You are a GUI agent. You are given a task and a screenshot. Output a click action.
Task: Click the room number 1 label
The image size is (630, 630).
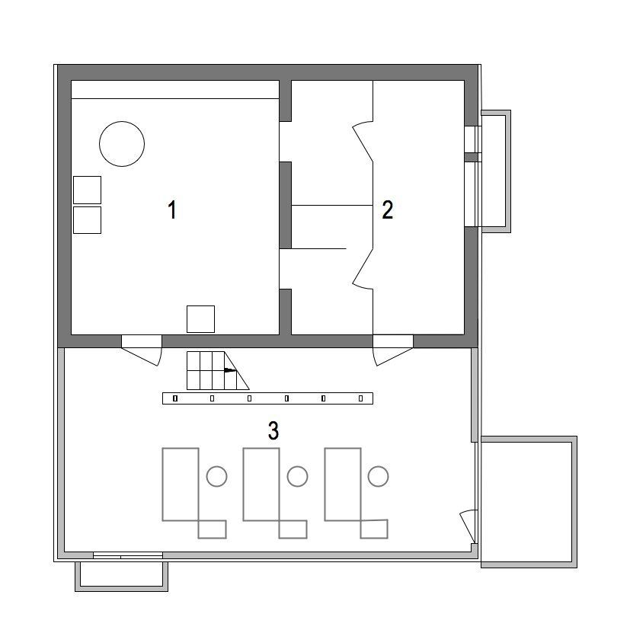(x=172, y=209)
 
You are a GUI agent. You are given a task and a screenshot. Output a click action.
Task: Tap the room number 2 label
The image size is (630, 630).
(x=387, y=209)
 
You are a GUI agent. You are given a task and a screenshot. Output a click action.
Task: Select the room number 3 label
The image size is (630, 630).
(x=273, y=430)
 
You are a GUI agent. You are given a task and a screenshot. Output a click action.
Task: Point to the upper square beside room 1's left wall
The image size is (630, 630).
(x=87, y=190)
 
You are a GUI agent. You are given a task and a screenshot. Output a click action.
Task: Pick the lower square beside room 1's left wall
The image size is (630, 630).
(x=87, y=220)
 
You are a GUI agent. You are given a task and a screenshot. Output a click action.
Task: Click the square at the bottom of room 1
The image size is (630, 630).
(x=200, y=319)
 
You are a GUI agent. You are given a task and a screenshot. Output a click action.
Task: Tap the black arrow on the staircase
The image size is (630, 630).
(x=230, y=370)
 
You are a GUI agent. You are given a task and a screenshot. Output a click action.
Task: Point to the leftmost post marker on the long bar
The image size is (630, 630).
(x=175, y=398)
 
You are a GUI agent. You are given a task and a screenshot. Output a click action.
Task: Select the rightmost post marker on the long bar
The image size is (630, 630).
(x=360, y=398)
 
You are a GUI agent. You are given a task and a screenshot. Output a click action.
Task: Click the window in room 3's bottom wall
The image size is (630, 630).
(x=128, y=555)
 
